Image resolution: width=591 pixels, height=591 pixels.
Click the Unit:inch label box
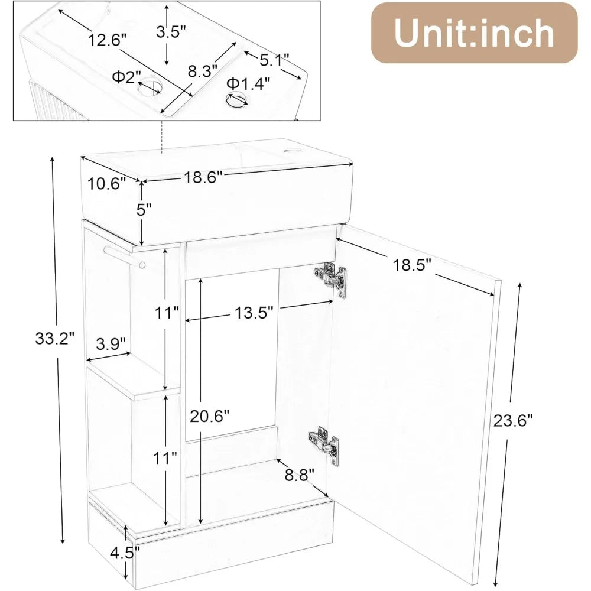pos(473,33)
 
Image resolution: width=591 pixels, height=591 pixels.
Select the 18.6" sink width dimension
pos(203,176)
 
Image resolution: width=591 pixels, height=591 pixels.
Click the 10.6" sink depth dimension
pos(107,183)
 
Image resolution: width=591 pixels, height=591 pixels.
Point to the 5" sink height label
pos(143,210)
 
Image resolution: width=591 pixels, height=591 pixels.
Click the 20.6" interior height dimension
pos(209,416)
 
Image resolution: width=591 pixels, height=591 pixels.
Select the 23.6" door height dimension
pos(513,420)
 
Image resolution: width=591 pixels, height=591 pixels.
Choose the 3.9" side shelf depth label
pos(111,343)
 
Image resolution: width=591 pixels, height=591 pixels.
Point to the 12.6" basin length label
pos(108,40)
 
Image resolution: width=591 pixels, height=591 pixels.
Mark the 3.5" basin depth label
pos(171,32)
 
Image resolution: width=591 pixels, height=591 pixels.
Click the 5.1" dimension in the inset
pos(272,60)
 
